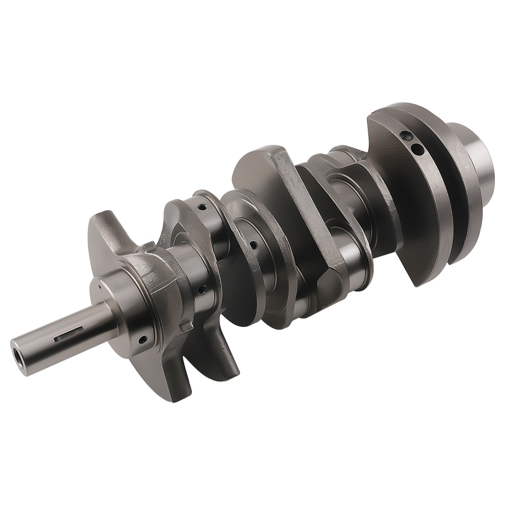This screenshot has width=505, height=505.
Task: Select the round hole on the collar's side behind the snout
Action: click(x=142, y=339)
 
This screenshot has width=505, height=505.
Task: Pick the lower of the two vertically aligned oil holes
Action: click(x=201, y=289)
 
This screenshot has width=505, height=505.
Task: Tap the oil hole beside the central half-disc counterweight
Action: click(x=253, y=245)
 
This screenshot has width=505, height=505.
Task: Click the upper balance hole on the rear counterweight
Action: click(x=403, y=136)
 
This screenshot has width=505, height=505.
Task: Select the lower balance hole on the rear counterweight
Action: click(x=417, y=148)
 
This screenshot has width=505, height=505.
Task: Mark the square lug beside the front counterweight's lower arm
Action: click(x=186, y=326)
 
